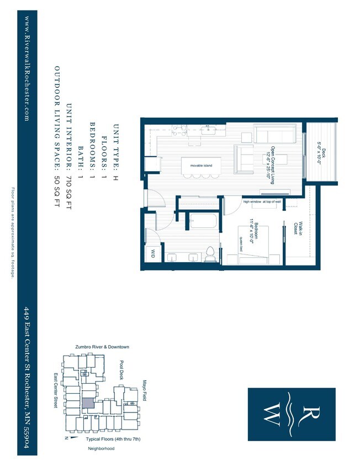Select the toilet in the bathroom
[210, 253]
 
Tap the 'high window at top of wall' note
[262, 202]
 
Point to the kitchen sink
[208, 131]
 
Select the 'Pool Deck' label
[122, 371]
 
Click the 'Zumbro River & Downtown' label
[102, 347]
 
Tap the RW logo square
[291, 415]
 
